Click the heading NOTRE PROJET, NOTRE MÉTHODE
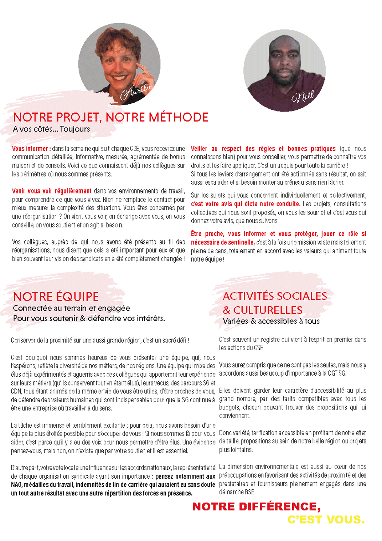pyautogui.click(x=111, y=117)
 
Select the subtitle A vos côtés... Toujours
pyautogui.click(x=51, y=129)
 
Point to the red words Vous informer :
pyautogui.click(x=31, y=149)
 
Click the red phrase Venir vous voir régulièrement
pyautogui.click(x=52, y=191)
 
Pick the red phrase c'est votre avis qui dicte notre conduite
pyautogui.click(x=246, y=204)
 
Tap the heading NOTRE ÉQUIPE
pyautogui.click(x=56, y=297)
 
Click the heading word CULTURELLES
pyautogui.click(x=268, y=310)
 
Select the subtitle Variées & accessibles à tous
pyautogui.click(x=271, y=321)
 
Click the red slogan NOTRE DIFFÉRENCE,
pyautogui.click(x=256, y=506)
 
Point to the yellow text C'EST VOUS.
pyautogui.click(x=326, y=520)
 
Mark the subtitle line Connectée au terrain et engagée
pyautogui.click(x=71, y=308)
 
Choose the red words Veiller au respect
pyautogui.click(x=216, y=149)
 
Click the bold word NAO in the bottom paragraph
pyautogui.click(x=16, y=485)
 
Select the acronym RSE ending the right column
pyautogui.click(x=250, y=492)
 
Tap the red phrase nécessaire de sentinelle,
pyautogui.click(x=223, y=242)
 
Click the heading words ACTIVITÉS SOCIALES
pyautogui.click(x=275, y=296)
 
